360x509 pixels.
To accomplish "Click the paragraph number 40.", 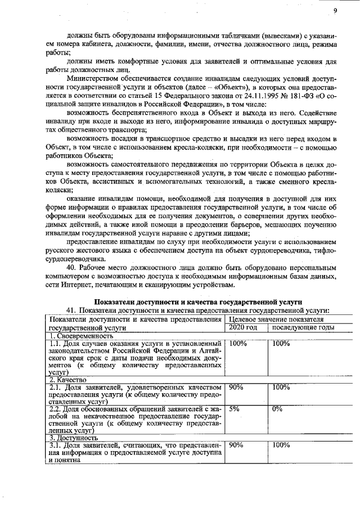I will coord(73,268).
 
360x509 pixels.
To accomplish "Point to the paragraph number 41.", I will coord(71,310).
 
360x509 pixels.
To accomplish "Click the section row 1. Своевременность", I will coord(81,335).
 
